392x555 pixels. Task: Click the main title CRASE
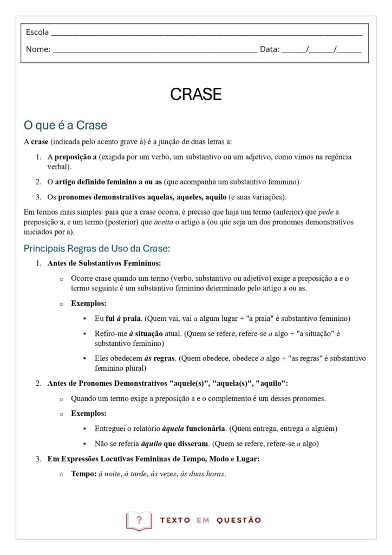click(x=196, y=94)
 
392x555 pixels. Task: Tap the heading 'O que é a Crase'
click(x=65, y=125)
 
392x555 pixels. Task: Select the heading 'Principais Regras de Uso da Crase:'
click(x=97, y=249)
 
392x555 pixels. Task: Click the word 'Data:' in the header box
click(x=270, y=49)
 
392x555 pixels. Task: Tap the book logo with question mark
click(x=139, y=520)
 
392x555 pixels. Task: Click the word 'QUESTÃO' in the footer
click(x=239, y=520)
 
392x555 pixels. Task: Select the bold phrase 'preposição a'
click(x=75, y=157)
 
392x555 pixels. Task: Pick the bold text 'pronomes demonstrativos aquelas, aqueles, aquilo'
click(x=142, y=197)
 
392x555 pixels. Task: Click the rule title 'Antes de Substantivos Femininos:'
click(x=104, y=263)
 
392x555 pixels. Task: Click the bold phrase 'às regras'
click(x=159, y=358)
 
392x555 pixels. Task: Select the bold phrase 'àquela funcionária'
click(x=193, y=429)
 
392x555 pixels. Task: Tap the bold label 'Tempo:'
click(x=83, y=474)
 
